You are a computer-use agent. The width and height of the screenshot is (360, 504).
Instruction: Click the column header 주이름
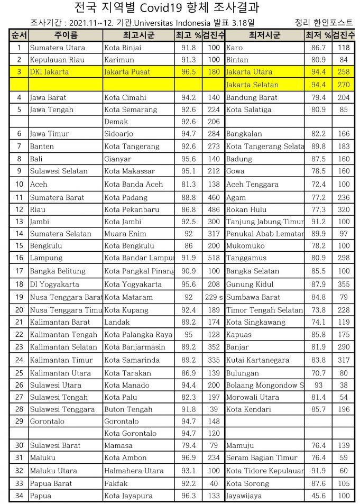tap(66, 35)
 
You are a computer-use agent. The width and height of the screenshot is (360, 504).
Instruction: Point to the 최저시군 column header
tap(264, 35)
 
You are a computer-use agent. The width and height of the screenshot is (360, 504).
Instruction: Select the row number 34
tap(19, 496)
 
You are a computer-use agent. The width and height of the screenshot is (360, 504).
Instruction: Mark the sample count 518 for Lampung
tap(214, 258)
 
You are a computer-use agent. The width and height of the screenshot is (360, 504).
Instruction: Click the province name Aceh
tap(39, 185)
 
